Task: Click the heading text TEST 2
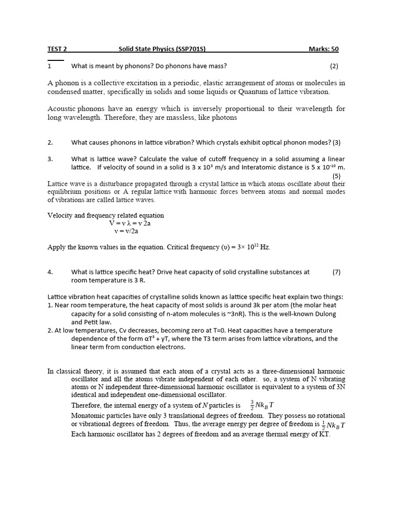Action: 57,49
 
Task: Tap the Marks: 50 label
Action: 323,49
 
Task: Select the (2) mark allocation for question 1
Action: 334,66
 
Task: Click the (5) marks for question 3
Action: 336,176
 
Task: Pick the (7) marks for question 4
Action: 336,272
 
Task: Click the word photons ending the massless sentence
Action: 224,117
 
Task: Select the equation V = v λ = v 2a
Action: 129,224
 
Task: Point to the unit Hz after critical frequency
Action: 265,247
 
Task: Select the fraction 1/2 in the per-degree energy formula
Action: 324,425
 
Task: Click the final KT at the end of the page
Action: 323,434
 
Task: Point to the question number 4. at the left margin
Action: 50,272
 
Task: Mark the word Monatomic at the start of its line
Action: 88,416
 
